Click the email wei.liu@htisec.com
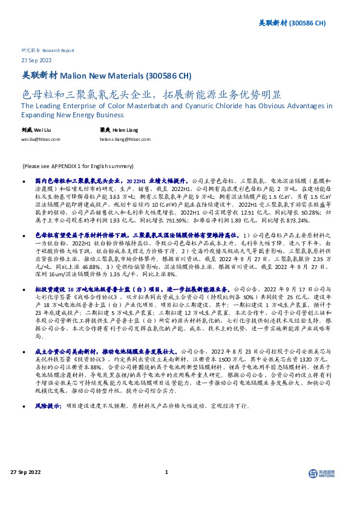41,139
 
